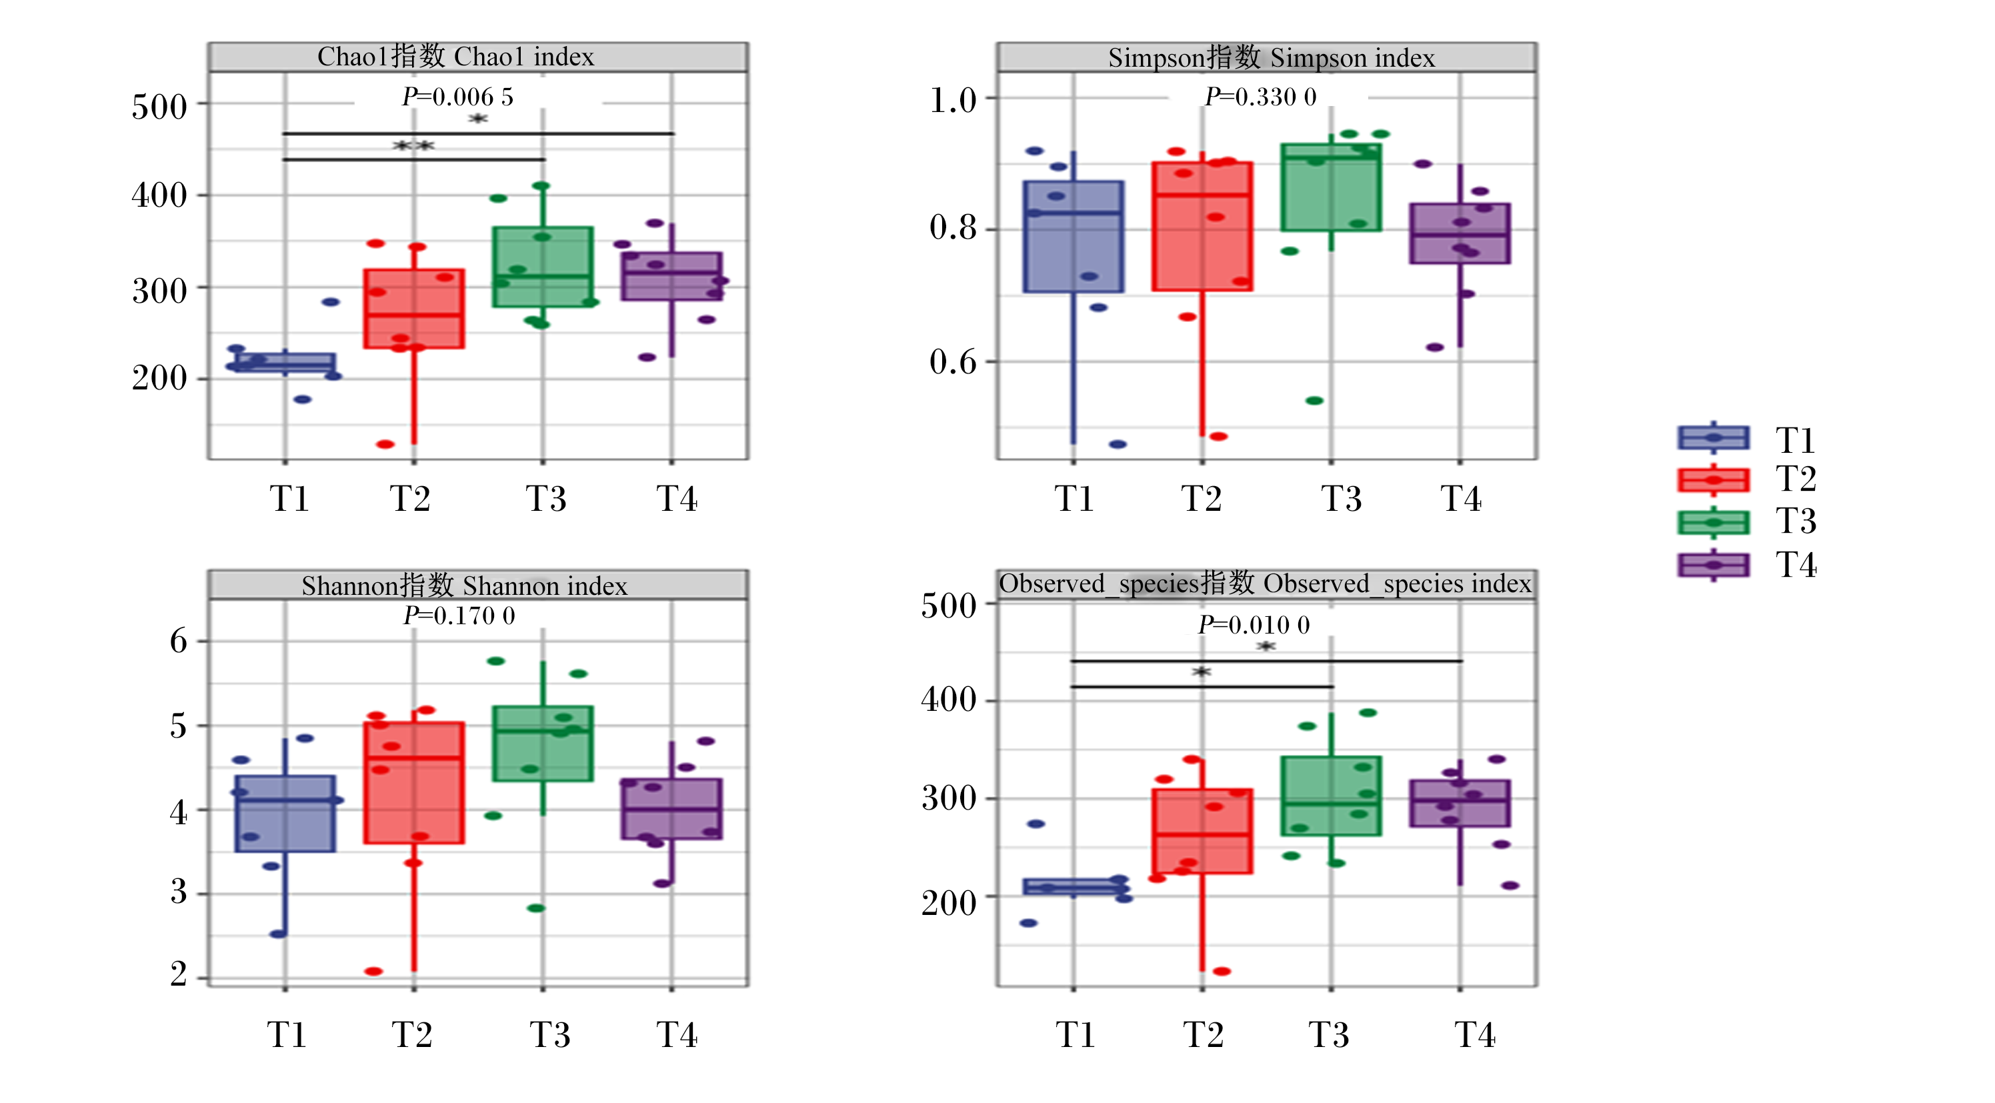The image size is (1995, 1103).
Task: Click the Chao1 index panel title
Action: tap(455, 57)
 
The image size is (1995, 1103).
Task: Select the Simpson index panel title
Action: tap(1271, 57)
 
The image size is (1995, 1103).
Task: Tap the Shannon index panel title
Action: tap(464, 585)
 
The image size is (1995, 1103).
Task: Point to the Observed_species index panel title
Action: tap(1266, 584)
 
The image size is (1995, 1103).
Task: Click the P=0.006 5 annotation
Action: tap(457, 97)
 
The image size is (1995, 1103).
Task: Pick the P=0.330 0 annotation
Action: tap(1260, 97)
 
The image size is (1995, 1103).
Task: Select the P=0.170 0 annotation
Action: tap(459, 616)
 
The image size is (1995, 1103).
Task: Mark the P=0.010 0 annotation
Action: tap(1253, 624)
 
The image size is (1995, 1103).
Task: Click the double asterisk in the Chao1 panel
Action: tap(413, 145)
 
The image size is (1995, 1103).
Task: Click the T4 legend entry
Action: tap(1747, 565)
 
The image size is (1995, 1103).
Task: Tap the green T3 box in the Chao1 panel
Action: tap(542, 267)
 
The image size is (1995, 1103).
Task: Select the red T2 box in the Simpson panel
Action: tap(1202, 226)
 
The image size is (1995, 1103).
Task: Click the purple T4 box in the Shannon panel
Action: tap(671, 809)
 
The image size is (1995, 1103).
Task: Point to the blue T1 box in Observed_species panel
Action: tap(1074, 887)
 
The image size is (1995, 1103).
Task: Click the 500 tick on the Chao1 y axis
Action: tap(159, 106)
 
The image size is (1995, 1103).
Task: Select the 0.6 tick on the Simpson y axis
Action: tap(953, 361)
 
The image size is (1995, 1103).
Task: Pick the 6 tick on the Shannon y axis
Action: tap(178, 641)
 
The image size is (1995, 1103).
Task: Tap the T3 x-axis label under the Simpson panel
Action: tap(1341, 498)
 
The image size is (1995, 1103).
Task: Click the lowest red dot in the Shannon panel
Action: tap(373, 970)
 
